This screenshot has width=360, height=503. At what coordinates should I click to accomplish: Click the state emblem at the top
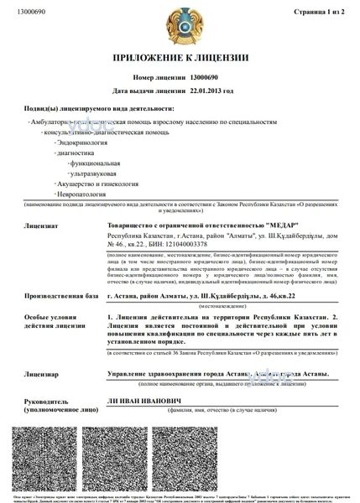click(180, 25)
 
